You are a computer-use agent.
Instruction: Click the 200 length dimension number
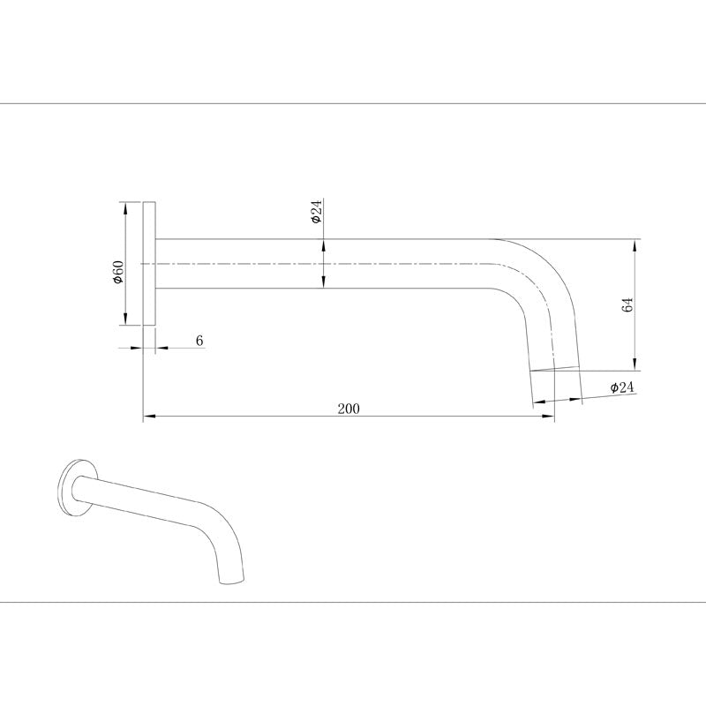[x=349, y=408]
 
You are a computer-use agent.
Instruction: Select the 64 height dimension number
[x=627, y=305]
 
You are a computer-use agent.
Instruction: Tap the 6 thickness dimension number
[x=199, y=340]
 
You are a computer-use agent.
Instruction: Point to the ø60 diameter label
[x=117, y=272]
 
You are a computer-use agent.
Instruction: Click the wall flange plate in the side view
[x=150, y=264]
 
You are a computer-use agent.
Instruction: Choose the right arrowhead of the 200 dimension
[x=549, y=415]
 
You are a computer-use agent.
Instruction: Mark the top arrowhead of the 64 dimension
[x=635, y=244]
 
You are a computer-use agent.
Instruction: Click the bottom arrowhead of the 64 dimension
[x=635, y=365]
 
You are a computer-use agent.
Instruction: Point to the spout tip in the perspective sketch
[x=231, y=580]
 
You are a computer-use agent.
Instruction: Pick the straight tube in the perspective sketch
[x=141, y=502]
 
